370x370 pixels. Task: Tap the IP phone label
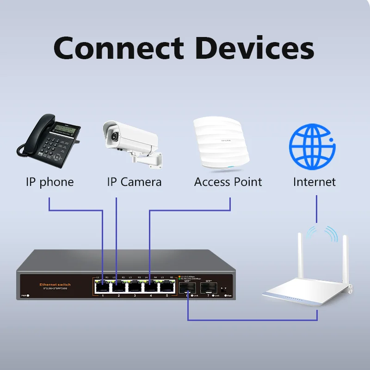click(49, 182)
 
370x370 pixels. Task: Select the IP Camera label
click(134, 182)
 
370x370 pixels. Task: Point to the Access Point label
click(228, 182)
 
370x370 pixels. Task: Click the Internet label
click(314, 182)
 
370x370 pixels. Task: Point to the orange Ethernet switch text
click(55, 284)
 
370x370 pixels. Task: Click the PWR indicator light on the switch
click(28, 295)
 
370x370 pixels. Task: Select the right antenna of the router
click(345, 259)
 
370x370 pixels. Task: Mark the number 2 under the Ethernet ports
click(118, 295)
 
